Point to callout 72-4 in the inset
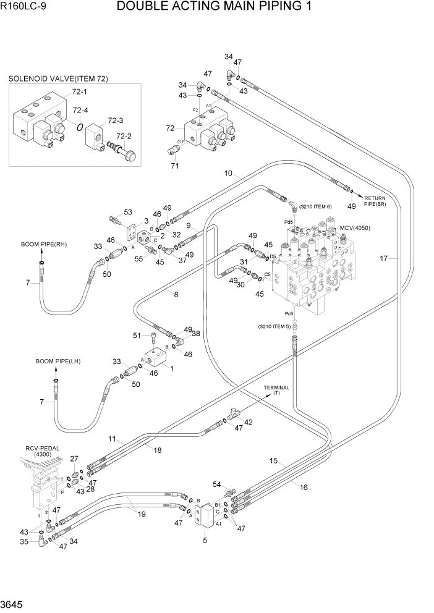pyautogui.click(x=81, y=111)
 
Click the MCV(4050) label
pyautogui.click(x=354, y=228)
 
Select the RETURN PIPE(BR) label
pyautogui.click(x=373, y=200)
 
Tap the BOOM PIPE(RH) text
pyautogui.click(x=43, y=244)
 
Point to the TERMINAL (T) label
pyautogui.click(x=276, y=390)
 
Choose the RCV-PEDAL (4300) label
pyautogui.click(x=40, y=450)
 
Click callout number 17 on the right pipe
pyautogui.click(x=384, y=259)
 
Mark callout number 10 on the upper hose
pyautogui.click(x=228, y=174)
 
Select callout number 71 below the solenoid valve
pyautogui.click(x=174, y=166)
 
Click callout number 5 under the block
pyautogui.click(x=205, y=541)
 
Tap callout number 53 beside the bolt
pyautogui.click(x=128, y=213)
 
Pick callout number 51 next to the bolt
pyautogui.click(x=137, y=336)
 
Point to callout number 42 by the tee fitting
pyautogui.click(x=249, y=423)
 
